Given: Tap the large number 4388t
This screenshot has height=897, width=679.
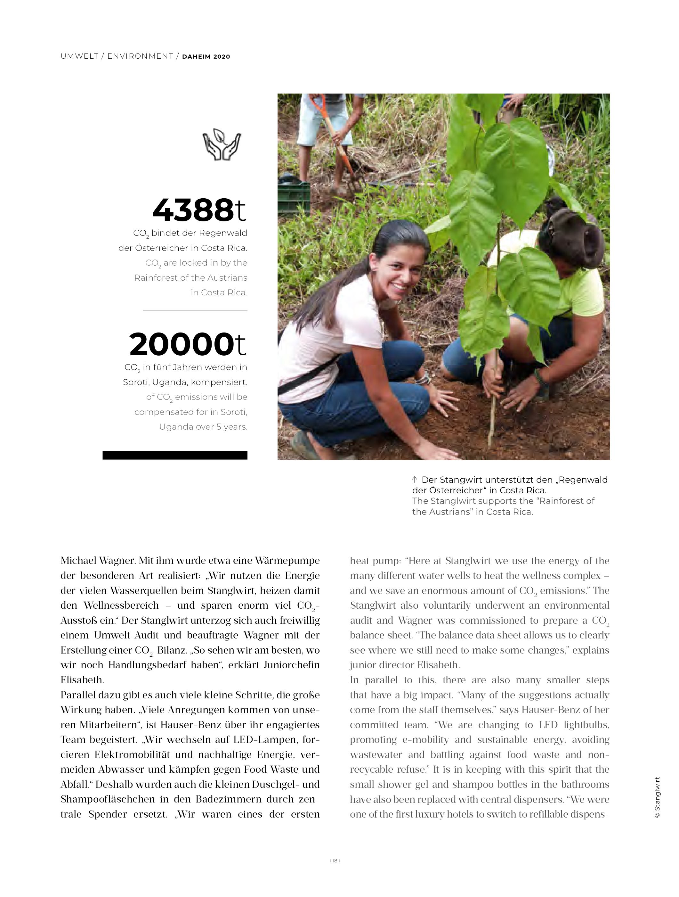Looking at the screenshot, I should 199,210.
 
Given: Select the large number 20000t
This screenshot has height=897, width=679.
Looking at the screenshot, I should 188,344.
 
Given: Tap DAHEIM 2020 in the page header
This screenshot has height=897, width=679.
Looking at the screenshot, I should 206,57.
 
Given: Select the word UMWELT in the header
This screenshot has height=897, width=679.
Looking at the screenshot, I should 79,56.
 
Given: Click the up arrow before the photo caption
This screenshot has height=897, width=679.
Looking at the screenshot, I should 415,480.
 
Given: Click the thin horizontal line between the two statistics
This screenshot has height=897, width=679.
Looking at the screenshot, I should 195,310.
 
